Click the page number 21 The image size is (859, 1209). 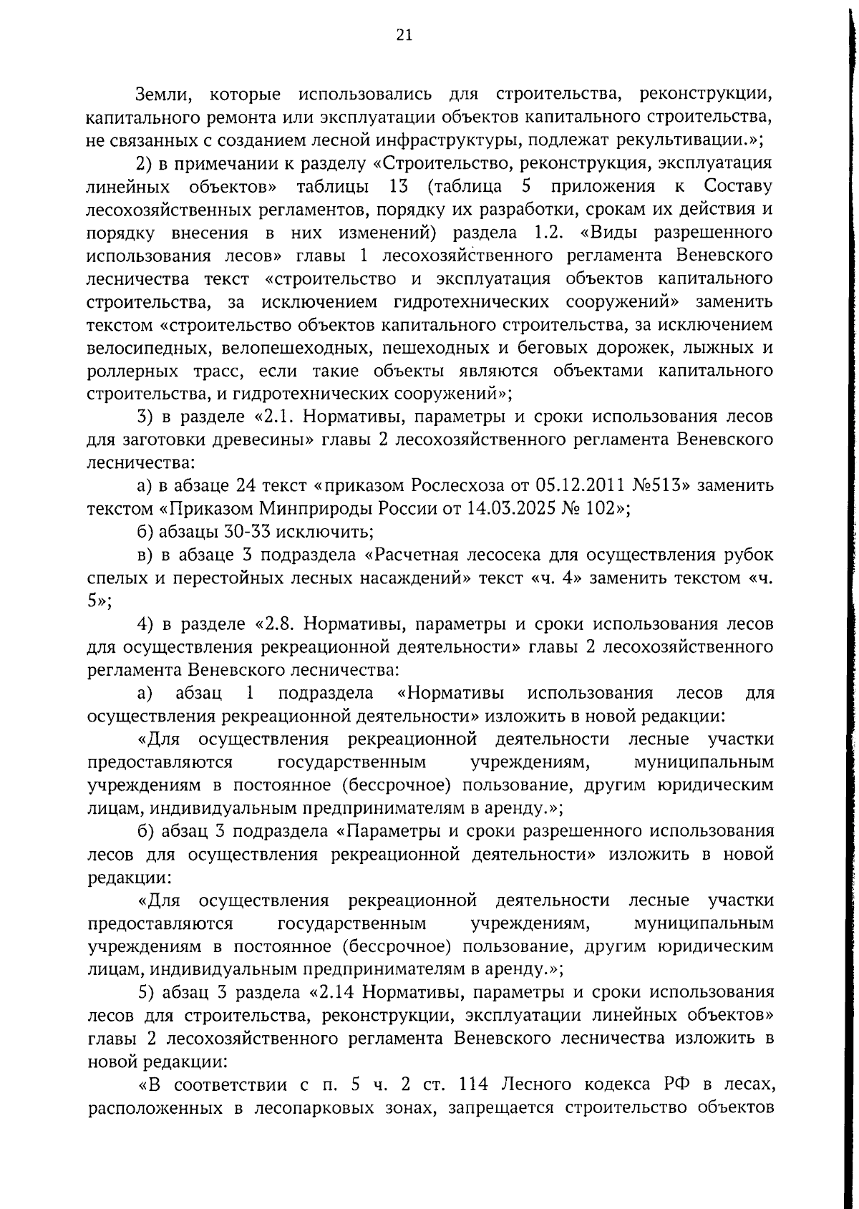tap(404, 36)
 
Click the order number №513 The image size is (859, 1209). tap(661, 486)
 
